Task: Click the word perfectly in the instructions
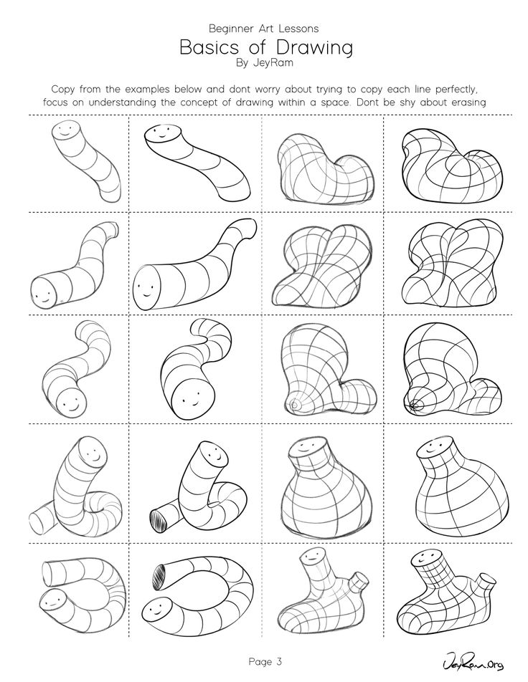[x=449, y=90]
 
